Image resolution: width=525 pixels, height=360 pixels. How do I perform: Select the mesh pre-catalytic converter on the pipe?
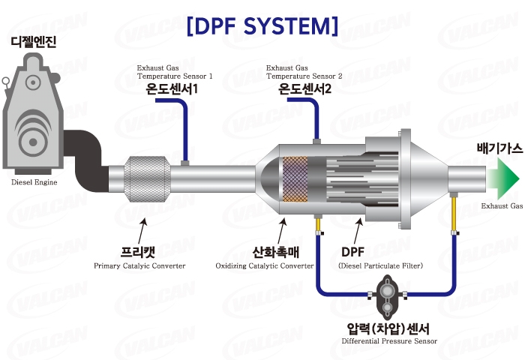click(147, 178)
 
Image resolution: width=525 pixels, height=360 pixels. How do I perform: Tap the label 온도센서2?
click(304, 90)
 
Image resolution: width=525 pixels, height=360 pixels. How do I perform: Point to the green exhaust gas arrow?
click(502, 178)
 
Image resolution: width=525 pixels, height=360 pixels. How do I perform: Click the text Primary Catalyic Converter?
click(139, 265)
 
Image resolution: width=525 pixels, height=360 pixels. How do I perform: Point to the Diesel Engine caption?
click(35, 182)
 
